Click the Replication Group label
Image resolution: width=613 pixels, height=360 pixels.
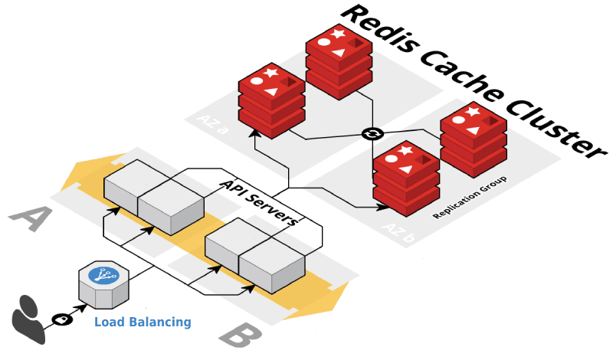pyautogui.click(x=471, y=198)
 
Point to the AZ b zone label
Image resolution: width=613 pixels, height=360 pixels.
pyautogui.click(x=398, y=232)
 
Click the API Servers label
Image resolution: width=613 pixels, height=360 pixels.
pyautogui.click(x=258, y=203)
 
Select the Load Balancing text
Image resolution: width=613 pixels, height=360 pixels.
pyautogui.click(x=143, y=322)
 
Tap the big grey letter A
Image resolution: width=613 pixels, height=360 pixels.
pyautogui.click(x=31, y=218)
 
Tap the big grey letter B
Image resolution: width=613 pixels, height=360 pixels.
pyautogui.click(x=241, y=335)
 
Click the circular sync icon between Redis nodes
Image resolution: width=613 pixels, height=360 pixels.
pyautogui.click(x=372, y=134)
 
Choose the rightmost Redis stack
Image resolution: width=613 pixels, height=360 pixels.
pyautogui.click(x=473, y=139)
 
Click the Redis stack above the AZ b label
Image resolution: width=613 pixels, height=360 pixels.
pyautogui.click(x=405, y=178)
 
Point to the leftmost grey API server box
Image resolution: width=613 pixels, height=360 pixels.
pyautogui.click(x=123, y=188)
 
